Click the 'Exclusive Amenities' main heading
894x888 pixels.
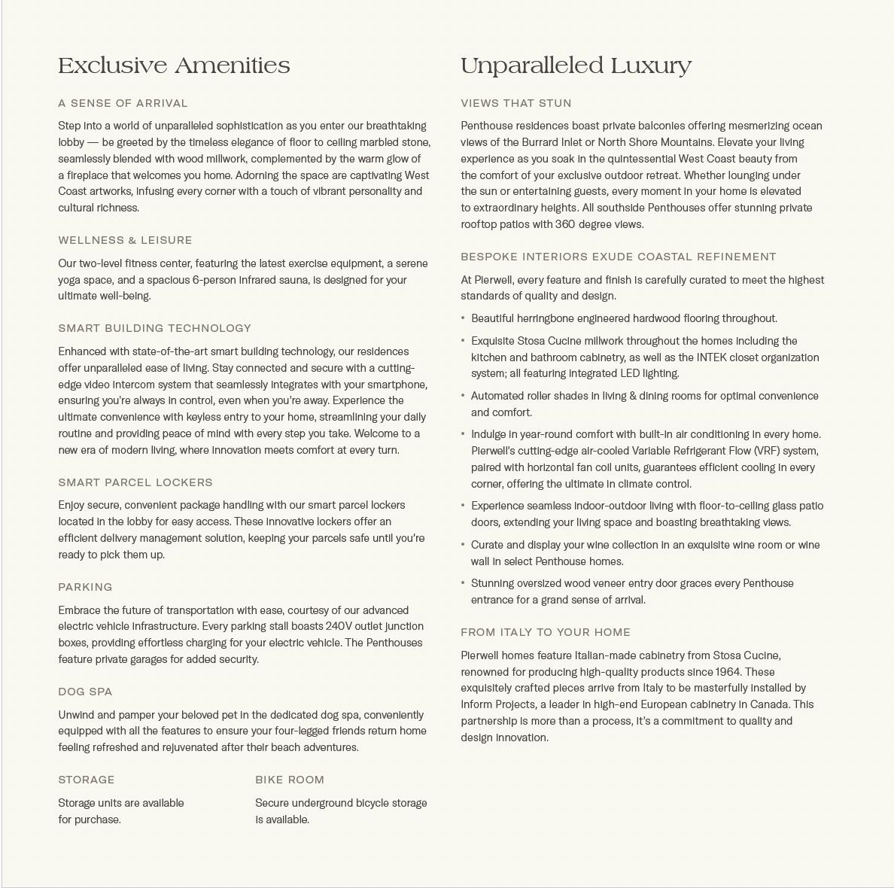tap(174, 66)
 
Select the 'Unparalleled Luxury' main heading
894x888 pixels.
tap(576, 66)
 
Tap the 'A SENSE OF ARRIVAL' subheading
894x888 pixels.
tap(123, 103)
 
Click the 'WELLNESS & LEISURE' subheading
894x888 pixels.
tap(125, 240)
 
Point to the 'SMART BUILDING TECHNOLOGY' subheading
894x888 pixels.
tap(154, 328)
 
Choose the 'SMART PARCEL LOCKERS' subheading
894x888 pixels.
tap(135, 482)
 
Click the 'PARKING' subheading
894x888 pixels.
tap(85, 587)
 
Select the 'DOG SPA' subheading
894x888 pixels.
tap(85, 692)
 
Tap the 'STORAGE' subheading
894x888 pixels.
tap(87, 780)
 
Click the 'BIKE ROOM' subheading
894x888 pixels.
tap(290, 780)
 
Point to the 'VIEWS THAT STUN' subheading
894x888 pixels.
tap(516, 103)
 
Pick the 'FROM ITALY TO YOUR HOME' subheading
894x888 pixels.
tap(546, 632)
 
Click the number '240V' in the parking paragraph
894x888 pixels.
tap(340, 626)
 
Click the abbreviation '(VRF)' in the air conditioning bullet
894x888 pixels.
tap(768, 451)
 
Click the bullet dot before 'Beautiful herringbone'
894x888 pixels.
tap(463, 318)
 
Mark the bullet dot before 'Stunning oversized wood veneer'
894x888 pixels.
tap(463, 583)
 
